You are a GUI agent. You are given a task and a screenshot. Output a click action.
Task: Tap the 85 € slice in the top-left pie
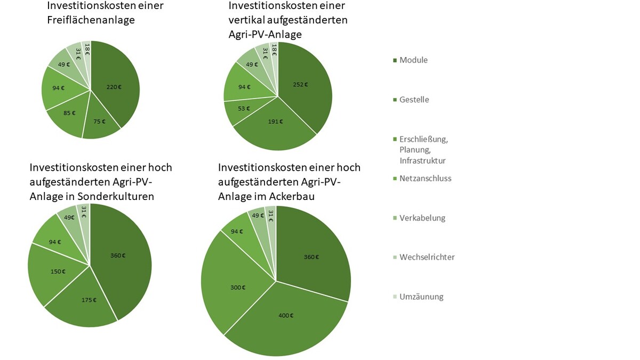pyautogui.click(x=69, y=113)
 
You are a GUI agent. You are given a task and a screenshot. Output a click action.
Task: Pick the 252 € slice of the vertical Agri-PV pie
pyautogui.click(x=301, y=84)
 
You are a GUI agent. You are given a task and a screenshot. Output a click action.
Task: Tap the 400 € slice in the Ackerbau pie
pyautogui.click(x=285, y=316)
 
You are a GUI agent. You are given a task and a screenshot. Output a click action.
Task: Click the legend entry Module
pyautogui.click(x=413, y=60)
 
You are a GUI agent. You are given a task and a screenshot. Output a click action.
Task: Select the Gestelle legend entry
pyautogui.click(x=414, y=100)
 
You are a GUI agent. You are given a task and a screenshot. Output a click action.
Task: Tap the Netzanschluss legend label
pyautogui.click(x=425, y=178)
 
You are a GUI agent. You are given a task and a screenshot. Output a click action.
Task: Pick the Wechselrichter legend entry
pyautogui.click(x=427, y=257)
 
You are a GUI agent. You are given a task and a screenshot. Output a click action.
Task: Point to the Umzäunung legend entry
pyautogui.click(x=421, y=297)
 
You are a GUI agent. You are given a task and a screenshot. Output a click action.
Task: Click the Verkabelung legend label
pyautogui.click(x=422, y=218)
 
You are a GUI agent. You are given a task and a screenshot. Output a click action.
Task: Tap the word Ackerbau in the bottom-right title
pyautogui.click(x=289, y=196)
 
